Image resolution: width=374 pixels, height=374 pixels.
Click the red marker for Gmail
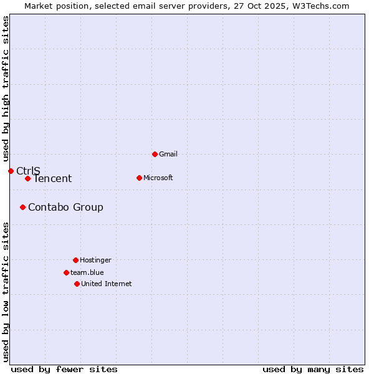(155, 154)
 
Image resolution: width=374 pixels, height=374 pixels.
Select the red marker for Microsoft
(139, 178)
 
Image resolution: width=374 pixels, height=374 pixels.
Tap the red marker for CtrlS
(11, 171)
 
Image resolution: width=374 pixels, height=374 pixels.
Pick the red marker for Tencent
(27, 179)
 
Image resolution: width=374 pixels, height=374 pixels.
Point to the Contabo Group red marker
(22, 207)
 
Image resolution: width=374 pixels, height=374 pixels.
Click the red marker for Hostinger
(75, 260)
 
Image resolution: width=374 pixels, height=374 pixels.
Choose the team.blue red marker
(66, 272)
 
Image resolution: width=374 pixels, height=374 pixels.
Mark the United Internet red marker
(77, 284)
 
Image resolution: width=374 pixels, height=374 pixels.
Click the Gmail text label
(168, 154)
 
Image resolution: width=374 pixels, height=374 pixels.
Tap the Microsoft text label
(158, 178)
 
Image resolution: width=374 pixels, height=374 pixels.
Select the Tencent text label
(52, 179)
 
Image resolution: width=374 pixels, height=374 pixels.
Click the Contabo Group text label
(65, 207)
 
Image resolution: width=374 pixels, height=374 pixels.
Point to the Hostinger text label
(95, 260)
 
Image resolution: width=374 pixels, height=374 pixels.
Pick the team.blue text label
(87, 272)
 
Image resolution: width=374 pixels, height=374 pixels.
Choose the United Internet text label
(107, 284)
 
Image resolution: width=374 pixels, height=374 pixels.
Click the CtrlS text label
(28, 171)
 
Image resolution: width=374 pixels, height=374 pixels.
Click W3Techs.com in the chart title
(320, 6)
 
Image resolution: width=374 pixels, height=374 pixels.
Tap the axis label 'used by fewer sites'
(64, 369)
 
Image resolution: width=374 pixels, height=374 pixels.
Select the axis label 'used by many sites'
(313, 369)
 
